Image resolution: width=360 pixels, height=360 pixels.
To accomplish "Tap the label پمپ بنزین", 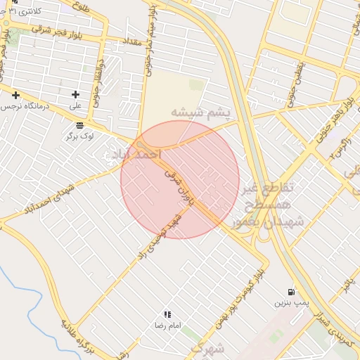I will tap(290, 303).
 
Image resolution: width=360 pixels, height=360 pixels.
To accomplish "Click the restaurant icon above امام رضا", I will tap(167, 314).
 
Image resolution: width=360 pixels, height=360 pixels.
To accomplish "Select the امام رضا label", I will tap(168, 326).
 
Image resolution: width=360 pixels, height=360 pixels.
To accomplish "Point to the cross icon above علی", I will tap(75, 94).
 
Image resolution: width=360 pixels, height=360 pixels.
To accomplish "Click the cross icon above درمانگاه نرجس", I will tap(15, 94).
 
